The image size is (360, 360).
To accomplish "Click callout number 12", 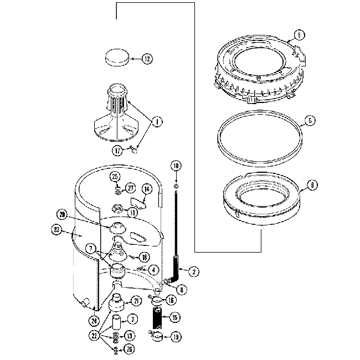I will tap(146, 59).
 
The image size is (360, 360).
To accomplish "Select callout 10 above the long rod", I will tap(176, 166).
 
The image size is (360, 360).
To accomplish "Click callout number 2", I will tap(193, 271).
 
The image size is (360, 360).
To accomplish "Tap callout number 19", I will tap(176, 336).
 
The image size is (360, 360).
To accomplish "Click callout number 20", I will tap(61, 214).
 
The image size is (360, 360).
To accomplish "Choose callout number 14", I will tap(147, 189).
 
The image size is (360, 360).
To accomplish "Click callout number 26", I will tap(129, 349).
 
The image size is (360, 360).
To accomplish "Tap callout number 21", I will tap(135, 301).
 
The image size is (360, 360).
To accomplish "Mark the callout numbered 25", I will tap(115, 176).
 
